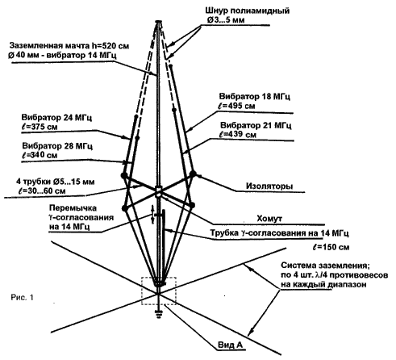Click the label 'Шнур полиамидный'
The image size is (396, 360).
248,10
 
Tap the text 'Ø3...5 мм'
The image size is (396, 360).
226,20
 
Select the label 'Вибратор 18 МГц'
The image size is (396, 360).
254,96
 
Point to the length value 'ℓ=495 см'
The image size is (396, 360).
236,106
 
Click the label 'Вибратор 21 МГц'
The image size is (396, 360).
256,125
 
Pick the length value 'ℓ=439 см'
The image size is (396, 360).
238,134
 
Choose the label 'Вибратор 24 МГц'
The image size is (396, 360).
56,118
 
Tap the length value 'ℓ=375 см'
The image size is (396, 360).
39,127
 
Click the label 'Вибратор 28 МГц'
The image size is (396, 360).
57,146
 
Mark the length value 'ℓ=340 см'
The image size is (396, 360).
40,155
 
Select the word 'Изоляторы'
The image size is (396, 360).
269,186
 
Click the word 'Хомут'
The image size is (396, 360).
269,218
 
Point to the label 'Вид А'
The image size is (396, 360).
230,345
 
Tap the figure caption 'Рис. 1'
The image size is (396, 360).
23,297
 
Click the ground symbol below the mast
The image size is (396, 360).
159,314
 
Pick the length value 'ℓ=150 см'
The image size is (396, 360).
331,247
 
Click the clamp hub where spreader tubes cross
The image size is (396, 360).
159,191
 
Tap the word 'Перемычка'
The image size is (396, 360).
73,208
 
